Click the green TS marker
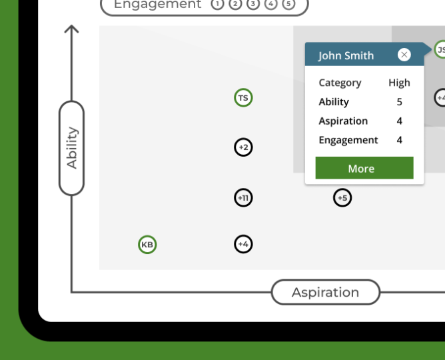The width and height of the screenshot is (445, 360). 243,98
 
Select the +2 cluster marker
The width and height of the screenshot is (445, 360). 243,147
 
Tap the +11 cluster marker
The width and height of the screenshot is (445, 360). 243,198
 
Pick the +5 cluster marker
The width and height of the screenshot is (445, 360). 342,198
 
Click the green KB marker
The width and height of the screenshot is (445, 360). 147,245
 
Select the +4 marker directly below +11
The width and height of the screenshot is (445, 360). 243,245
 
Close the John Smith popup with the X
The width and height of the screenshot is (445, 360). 404,55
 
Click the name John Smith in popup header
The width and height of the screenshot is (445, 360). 346,55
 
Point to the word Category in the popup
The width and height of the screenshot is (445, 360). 340,83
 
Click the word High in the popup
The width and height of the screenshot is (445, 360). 399,83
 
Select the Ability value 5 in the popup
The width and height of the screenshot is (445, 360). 399,102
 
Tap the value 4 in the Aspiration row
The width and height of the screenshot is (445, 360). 399,121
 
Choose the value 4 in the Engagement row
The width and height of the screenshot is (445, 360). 399,140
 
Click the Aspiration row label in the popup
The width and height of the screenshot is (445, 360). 343,121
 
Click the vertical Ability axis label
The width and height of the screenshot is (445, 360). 72,148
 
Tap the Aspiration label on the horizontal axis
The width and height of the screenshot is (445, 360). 325,292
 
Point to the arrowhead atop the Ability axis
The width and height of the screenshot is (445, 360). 71,29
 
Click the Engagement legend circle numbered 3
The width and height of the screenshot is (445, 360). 252,4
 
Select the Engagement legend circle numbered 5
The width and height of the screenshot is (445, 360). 288,4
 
